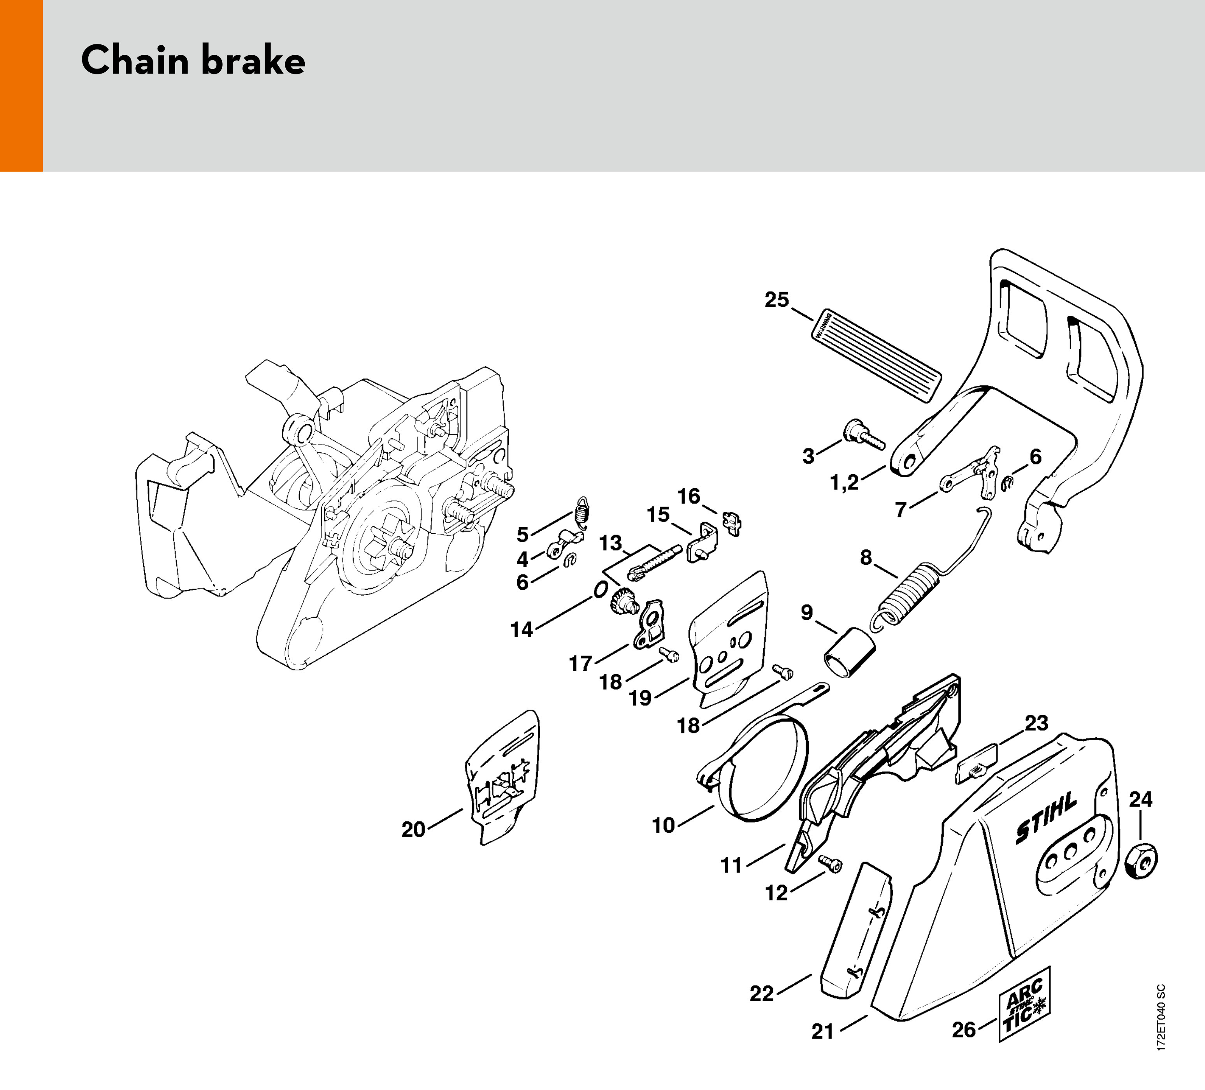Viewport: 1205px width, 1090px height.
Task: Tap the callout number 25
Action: coord(776,300)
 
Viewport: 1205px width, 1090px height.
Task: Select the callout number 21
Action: coord(822,1031)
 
